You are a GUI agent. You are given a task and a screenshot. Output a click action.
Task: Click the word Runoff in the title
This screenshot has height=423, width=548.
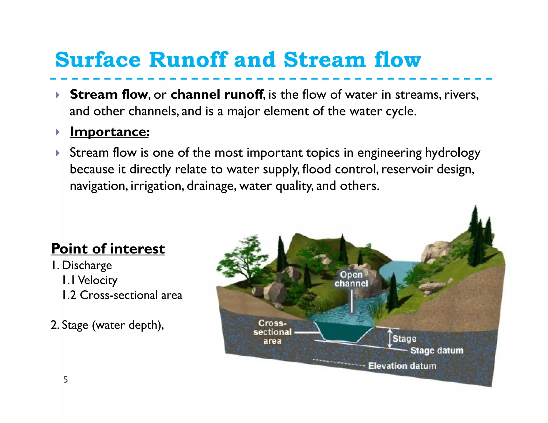coord(188,60)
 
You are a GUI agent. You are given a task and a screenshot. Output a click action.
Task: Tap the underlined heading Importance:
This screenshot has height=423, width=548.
coord(109,132)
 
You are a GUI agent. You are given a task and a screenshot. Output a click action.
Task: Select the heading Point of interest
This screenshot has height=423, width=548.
coord(108,249)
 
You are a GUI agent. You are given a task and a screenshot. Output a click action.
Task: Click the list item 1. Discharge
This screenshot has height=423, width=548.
coord(82,265)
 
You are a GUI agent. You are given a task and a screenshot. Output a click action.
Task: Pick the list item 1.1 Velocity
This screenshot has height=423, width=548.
coord(90,280)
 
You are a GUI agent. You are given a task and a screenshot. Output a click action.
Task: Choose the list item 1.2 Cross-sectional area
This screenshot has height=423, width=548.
coord(122,295)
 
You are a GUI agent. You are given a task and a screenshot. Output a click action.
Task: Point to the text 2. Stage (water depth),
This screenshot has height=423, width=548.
coord(107,325)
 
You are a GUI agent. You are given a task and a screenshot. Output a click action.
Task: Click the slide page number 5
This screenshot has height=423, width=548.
coord(66,379)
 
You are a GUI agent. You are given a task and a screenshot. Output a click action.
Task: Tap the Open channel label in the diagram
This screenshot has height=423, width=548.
coord(351,279)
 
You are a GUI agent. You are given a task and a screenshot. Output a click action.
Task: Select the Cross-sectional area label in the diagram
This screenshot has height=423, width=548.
coord(272,332)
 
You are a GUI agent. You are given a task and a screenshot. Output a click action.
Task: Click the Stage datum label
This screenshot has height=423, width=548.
coord(437,350)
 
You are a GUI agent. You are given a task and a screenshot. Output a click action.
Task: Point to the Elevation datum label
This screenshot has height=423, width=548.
coord(402,366)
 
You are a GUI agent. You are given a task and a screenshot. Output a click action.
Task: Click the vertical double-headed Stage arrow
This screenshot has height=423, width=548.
coord(390,338)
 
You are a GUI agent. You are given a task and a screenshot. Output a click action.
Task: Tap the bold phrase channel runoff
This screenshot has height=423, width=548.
coord(217,95)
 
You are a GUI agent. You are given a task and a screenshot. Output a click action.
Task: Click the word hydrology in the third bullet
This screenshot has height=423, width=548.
coord(453,153)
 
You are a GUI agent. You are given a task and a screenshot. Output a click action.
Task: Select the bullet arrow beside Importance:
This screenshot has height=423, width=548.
coord(57,132)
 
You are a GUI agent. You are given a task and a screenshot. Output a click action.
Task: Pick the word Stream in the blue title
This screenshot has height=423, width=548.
coord(324,60)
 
